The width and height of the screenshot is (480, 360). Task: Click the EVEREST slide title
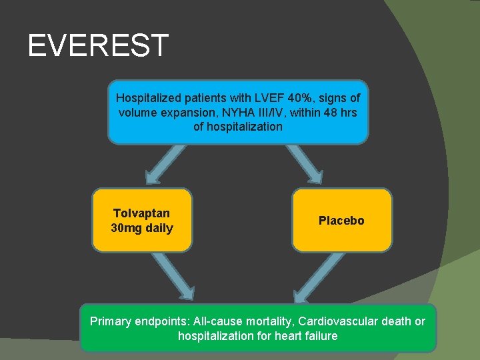[98, 45]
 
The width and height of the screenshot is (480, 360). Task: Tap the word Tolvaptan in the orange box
[141, 213]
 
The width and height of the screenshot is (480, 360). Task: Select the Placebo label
[341, 221]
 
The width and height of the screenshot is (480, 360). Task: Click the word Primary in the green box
[111, 321]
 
